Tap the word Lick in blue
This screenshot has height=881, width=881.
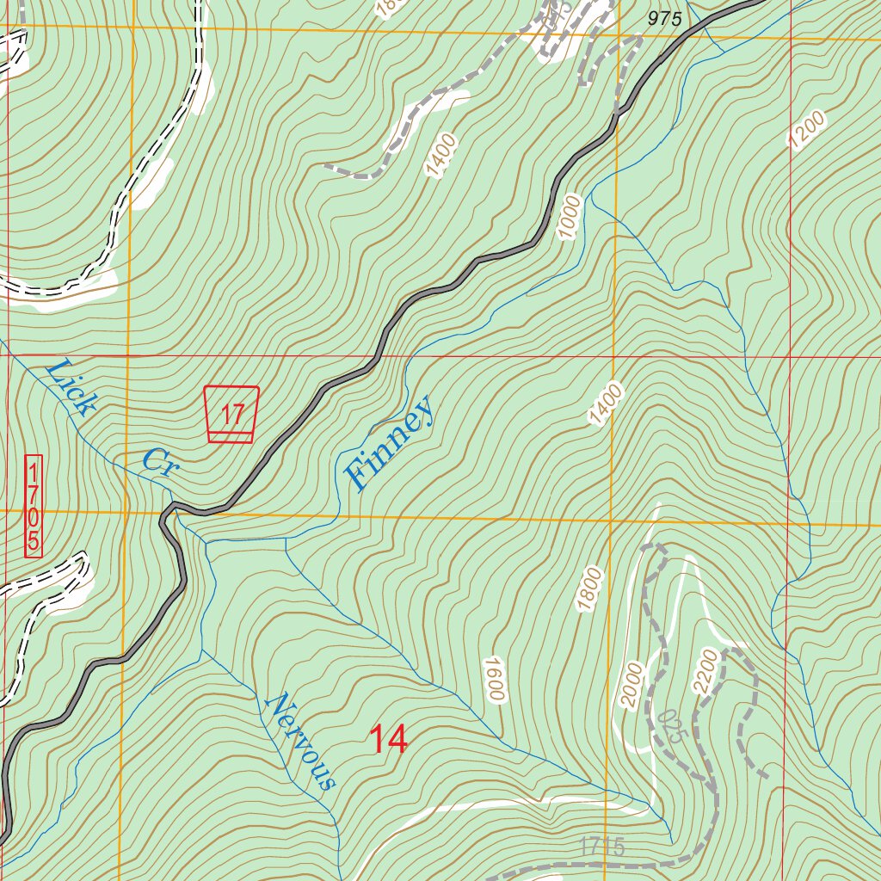(x=68, y=388)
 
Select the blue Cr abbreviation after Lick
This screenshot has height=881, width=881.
(x=159, y=462)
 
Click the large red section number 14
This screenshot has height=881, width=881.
(x=387, y=739)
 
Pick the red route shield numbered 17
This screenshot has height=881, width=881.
(x=231, y=415)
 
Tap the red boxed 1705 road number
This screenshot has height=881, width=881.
(x=33, y=506)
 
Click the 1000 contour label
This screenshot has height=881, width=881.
(x=570, y=217)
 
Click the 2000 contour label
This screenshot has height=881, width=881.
(x=633, y=685)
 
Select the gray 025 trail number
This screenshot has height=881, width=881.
(x=672, y=726)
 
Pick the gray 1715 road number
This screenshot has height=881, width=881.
(x=601, y=847)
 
